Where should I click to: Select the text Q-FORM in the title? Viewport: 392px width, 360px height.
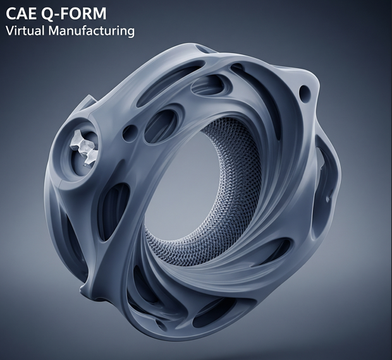[74, 14]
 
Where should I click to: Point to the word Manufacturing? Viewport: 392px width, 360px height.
[92, 31]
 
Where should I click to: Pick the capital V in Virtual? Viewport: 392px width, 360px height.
[9, 31]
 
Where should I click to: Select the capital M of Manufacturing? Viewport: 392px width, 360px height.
[54, 31]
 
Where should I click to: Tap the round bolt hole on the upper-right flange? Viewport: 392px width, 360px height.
[305, 93]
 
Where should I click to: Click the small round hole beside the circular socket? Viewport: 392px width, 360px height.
[130, 133]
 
